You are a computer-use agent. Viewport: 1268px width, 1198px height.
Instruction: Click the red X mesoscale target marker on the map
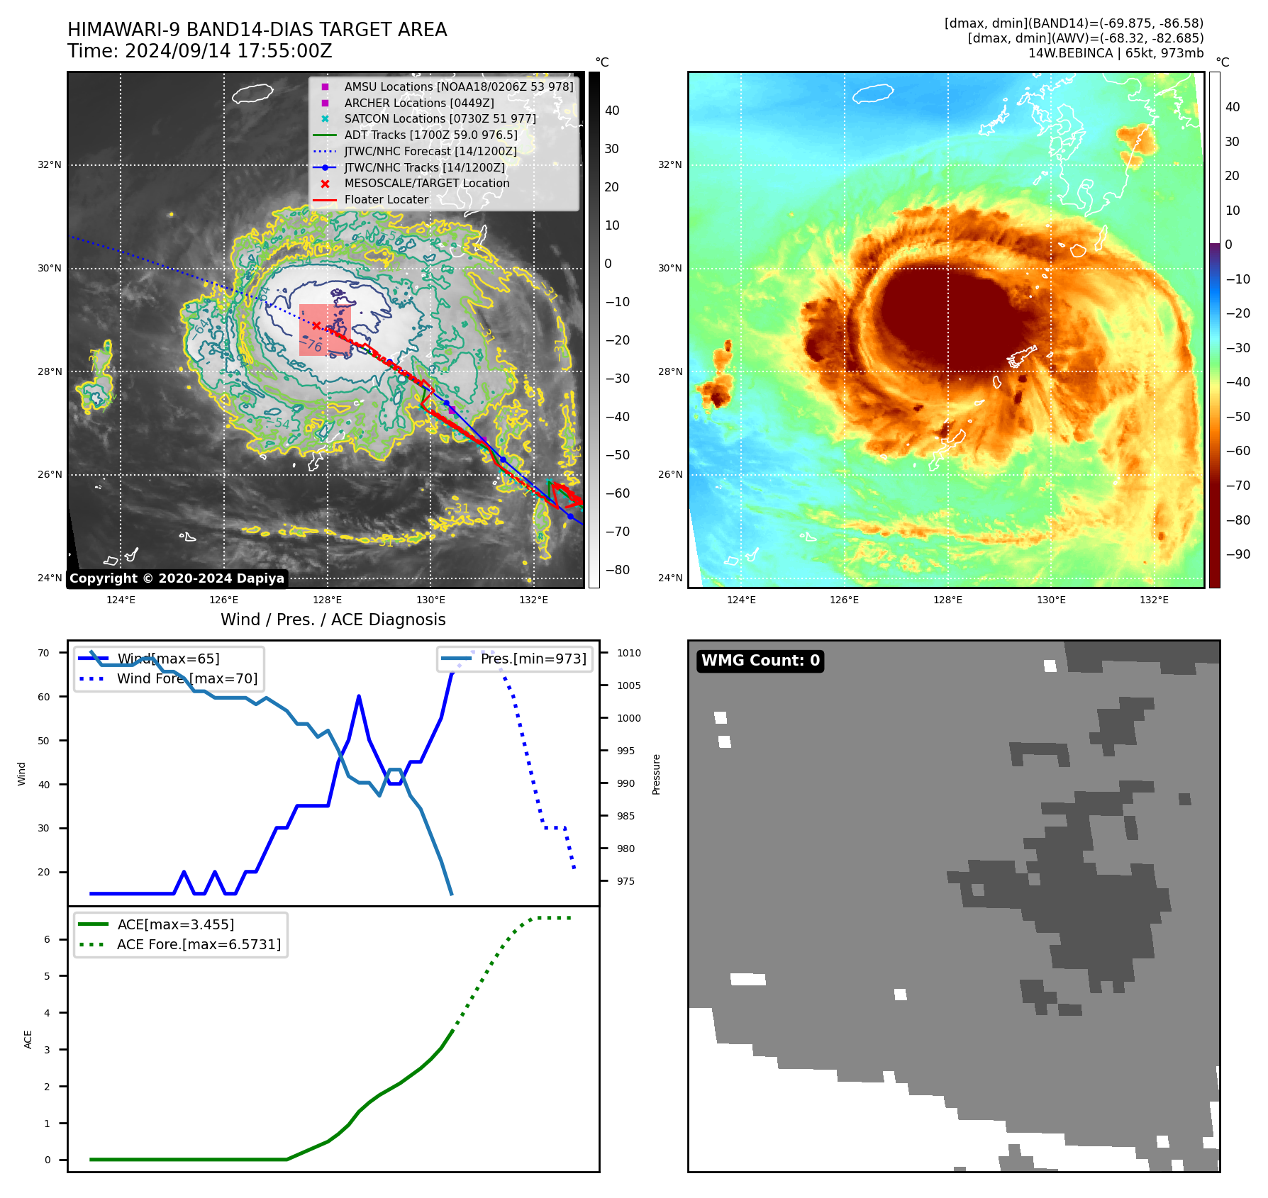(316, 326)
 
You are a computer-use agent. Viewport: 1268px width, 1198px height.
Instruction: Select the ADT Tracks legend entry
(430, 135)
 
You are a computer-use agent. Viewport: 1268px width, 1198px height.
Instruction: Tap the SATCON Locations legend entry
(440, 118)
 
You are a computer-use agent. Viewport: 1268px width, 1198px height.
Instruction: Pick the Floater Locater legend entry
(386, 199)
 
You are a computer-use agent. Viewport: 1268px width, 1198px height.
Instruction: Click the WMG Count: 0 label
(760, 661)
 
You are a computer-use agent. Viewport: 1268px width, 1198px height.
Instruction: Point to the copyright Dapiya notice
(177, 578)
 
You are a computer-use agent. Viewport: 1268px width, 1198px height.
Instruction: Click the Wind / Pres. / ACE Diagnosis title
(333, 620)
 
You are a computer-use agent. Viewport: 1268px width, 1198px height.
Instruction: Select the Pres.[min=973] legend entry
(533, 659)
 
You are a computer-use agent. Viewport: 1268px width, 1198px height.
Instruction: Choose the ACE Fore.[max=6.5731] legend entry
(199, 944)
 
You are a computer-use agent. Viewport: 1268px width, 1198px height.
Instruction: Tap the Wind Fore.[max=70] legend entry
(187, 678)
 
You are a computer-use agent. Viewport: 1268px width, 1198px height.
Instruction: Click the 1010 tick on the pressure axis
(628, 653)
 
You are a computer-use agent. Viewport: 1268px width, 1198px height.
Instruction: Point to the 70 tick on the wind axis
(44, 653)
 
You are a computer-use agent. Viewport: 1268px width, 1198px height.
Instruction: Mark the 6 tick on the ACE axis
(47, 939)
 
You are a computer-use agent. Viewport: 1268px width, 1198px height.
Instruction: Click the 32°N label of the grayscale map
(50, 165)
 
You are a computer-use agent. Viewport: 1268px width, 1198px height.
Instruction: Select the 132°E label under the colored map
(1154, 600)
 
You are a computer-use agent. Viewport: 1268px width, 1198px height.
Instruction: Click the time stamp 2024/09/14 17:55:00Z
(228, 51)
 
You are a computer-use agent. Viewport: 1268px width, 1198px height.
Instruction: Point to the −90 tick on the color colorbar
(1238, 554)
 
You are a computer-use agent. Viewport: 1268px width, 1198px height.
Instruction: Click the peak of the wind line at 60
(359, 696)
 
